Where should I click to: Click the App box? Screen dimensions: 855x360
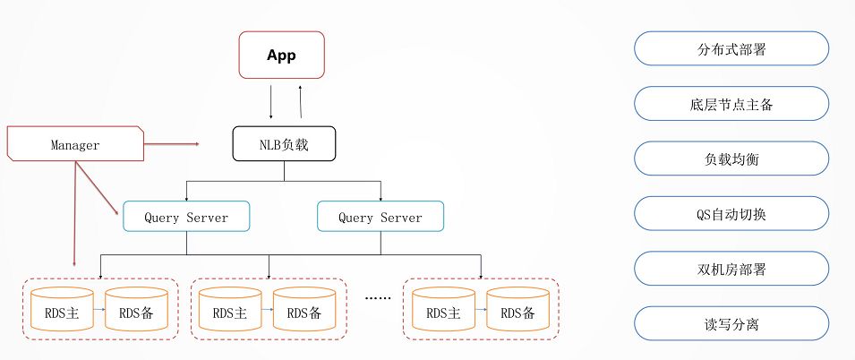click(281, 55)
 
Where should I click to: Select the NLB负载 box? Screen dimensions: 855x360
click(284, 144)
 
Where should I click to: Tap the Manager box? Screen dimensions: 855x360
click(75, 143)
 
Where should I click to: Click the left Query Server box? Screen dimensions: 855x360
click(186, 217)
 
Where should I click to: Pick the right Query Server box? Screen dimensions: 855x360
click(380, 217)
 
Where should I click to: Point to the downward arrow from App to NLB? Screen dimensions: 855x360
click(271, 102)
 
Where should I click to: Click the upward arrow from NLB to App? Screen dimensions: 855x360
click(301, 102)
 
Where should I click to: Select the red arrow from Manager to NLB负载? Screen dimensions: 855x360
click(171, 144)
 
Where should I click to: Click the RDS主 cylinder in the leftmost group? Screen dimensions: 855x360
click(62, 309)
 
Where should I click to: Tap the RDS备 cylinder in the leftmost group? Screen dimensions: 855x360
click(136, 309)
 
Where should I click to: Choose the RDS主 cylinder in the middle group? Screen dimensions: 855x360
click(230, 309)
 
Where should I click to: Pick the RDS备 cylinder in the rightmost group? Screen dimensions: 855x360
click(518, 309)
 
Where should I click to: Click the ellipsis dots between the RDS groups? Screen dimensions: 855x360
click(378, 298)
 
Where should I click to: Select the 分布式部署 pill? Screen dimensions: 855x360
click(731, 48)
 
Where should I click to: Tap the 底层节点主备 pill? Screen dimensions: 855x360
click(731, 104)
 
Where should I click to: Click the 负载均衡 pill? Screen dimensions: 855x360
click(731, 159)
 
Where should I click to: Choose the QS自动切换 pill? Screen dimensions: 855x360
click(731, 214)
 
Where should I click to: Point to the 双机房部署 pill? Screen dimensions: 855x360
click(731, 269)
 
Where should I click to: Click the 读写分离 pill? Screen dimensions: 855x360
click(731, 324)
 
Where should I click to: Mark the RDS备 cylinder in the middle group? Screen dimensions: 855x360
click(304, 309)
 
